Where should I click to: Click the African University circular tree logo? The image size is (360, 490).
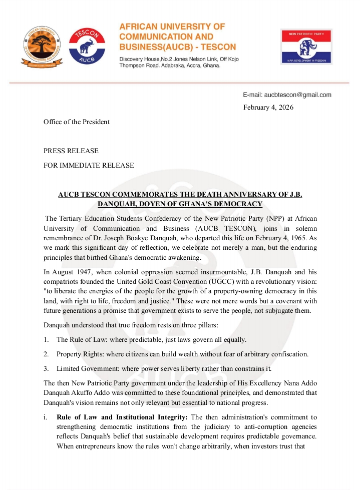pos(41,47)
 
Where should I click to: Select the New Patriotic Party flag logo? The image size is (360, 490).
pos(306,47)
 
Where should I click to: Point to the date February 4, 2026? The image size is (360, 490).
pos(268,107)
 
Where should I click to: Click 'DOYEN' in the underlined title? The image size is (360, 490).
pos(139,204)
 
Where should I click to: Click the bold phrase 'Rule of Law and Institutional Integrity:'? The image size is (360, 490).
pos(122,417)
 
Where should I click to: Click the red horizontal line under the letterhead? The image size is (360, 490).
pos(180,83)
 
